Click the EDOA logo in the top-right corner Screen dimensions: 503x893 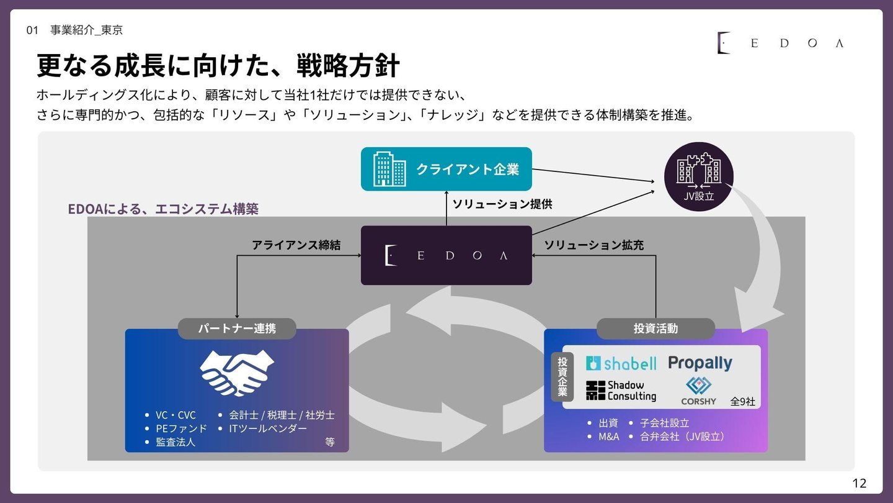coord(780,43)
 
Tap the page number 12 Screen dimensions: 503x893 coord(859,483)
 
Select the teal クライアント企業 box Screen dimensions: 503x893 coord(446,169)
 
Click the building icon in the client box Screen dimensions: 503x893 coord(389,169)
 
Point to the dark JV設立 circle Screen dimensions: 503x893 coord(699,176)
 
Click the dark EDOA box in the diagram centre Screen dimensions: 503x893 coord(446,255)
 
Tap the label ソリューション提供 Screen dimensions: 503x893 coord(502,204)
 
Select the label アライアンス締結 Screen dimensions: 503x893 coord(296,245)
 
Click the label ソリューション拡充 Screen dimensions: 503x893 coord(593,245)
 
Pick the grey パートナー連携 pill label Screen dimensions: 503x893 coord(237,329)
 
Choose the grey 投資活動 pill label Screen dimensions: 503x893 coord(655,329)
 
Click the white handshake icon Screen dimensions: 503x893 coord(237,373)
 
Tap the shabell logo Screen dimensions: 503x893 coord(621,363)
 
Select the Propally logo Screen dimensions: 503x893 coord(700,363)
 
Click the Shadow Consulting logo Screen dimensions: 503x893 coord(621,391)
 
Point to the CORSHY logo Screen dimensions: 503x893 coord(698,391)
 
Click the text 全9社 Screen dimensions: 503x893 coord(742,401)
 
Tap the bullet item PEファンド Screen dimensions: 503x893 coord(181,428)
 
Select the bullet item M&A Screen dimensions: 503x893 coord(608,436)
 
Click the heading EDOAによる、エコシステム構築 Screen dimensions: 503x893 coord(163,209)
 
